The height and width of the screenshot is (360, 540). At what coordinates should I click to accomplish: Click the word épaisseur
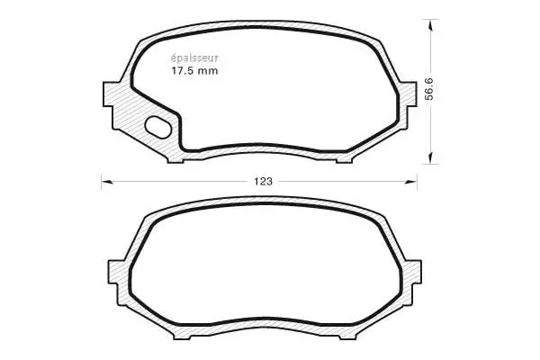point(194,57)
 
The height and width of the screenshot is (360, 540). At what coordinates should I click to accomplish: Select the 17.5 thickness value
point(184,70)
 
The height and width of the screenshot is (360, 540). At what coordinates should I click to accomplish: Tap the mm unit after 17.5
point(210,70)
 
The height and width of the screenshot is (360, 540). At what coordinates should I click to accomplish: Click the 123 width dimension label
point(262,182)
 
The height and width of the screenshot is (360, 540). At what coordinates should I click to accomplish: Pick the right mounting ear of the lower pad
point(412,270)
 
